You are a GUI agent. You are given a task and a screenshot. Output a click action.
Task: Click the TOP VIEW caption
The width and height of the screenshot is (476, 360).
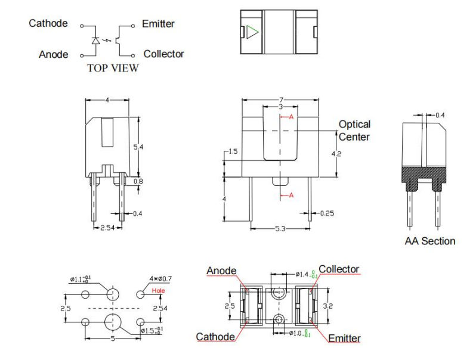(x=113, y=68)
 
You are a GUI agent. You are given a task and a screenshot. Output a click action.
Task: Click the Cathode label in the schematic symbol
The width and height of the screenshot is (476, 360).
(x=48, y=24)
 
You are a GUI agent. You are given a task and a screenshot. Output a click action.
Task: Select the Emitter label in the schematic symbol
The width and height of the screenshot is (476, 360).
(x=158, y=24)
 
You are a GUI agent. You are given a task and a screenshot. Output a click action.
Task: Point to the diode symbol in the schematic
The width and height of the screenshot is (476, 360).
(x=95, y=41)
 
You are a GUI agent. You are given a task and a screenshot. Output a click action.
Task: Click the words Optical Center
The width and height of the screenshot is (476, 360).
(x=354, y=131)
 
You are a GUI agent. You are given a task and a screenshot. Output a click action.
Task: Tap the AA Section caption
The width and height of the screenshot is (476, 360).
(x=429, y=241)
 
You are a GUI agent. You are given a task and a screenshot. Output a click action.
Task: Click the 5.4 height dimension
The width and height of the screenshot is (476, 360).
(x=138, y=147)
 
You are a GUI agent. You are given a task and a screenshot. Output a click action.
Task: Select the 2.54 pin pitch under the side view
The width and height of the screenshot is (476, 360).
(x=107, y=228)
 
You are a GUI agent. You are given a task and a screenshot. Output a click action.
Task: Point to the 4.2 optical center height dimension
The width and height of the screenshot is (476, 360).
(x=337, y=153)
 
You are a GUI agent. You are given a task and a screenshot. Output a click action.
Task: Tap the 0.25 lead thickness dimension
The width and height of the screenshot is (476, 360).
(x=326, y=213)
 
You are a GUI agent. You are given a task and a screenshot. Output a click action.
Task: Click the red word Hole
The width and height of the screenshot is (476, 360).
(x=158, y=290)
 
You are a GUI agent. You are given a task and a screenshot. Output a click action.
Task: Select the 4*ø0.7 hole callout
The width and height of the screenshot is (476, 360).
(x=160, y=278)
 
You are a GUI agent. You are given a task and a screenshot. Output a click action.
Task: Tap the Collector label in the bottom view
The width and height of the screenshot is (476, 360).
(x=339, y=269)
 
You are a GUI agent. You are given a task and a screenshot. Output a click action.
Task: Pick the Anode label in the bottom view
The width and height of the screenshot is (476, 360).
(x=221, y=271)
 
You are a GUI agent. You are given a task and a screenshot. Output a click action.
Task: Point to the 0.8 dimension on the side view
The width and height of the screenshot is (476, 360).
(x=138, y=181)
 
